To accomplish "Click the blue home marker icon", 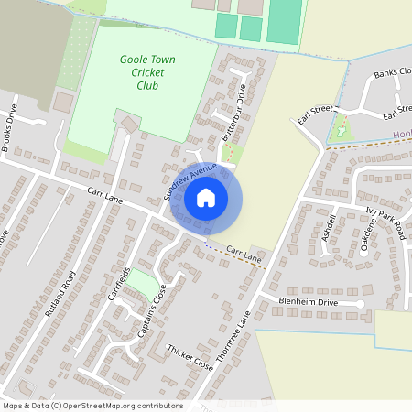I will coord(206,197).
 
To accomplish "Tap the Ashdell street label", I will coord(331,225).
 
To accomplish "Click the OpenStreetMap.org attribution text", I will coord(92,406).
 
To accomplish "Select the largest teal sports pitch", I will coord(285,20).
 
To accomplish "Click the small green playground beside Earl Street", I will coord(341,129).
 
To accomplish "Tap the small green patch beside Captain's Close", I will coord(141,289).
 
